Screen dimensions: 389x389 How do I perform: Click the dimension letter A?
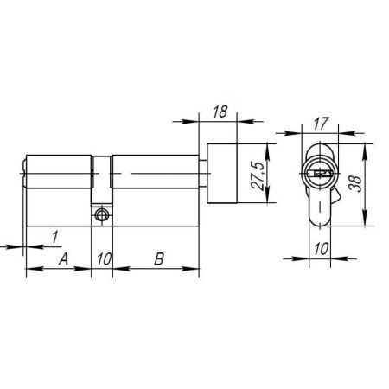pyautogui.click(x=62, y=258)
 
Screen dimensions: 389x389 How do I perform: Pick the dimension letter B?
pyautogui.click(x=158, y=258)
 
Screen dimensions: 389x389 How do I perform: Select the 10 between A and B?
pyautogui.click(x=103, y=258)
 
